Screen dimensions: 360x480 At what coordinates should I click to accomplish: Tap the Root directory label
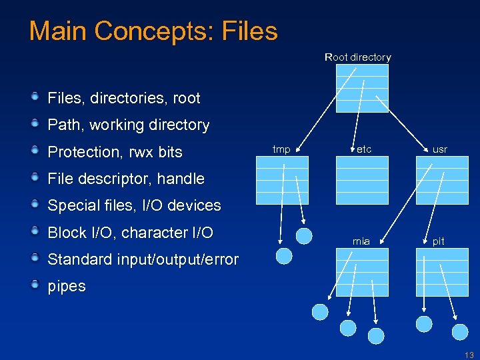point(357,57)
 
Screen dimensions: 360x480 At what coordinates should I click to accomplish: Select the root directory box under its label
point(361,89)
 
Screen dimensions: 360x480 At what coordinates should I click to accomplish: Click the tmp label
point(282,149)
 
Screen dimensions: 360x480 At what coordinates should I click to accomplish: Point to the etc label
point(364,149)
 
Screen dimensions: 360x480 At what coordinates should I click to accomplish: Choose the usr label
point(440,149)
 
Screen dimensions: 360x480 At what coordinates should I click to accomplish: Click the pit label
point(438,241)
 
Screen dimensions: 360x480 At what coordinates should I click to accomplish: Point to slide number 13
point(469,355)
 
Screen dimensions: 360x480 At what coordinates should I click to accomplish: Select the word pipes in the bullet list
point(67,287)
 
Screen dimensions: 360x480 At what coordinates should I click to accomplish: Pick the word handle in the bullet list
point(181,179)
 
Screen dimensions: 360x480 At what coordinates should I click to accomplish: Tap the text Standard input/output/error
point(143,259)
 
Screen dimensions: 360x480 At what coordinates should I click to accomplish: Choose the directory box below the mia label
point(361,272)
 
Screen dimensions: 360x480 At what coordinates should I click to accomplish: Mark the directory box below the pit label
point(438,272)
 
